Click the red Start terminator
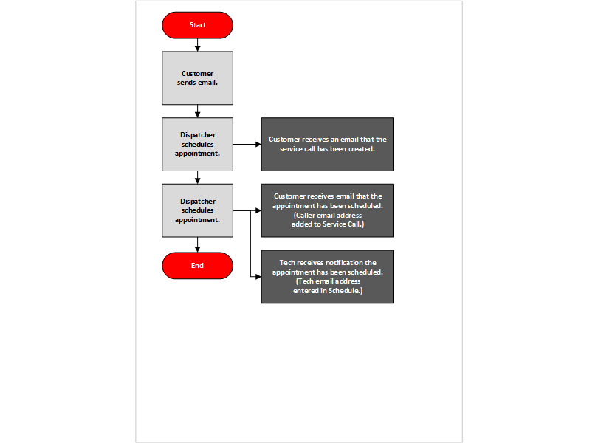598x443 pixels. (x=197, y=25)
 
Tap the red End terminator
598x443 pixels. (x=197, y=266)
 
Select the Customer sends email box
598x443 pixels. (x=197, y=78)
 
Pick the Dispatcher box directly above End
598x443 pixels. (x=197, y=210)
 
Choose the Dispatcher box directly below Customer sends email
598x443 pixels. (x=197, y=144)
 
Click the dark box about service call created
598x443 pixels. (x=327, y=144)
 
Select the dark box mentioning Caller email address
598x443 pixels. (x=327, y=210)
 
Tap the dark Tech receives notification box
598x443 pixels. (x=327, y=276)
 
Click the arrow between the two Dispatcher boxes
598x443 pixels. (x=197, y=177)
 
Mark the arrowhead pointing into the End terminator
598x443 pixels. (x=197, y=249)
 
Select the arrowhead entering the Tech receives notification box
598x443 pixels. (x=258, y=277)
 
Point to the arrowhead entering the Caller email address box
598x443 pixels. (x=258, y=210)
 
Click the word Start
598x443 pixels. (x=197, y=25)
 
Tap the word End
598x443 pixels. (x=197, y=266)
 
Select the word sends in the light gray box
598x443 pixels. (x=188, y=82)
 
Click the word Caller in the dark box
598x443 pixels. (x=309, y=215)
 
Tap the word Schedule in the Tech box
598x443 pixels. (x=346, y=292)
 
